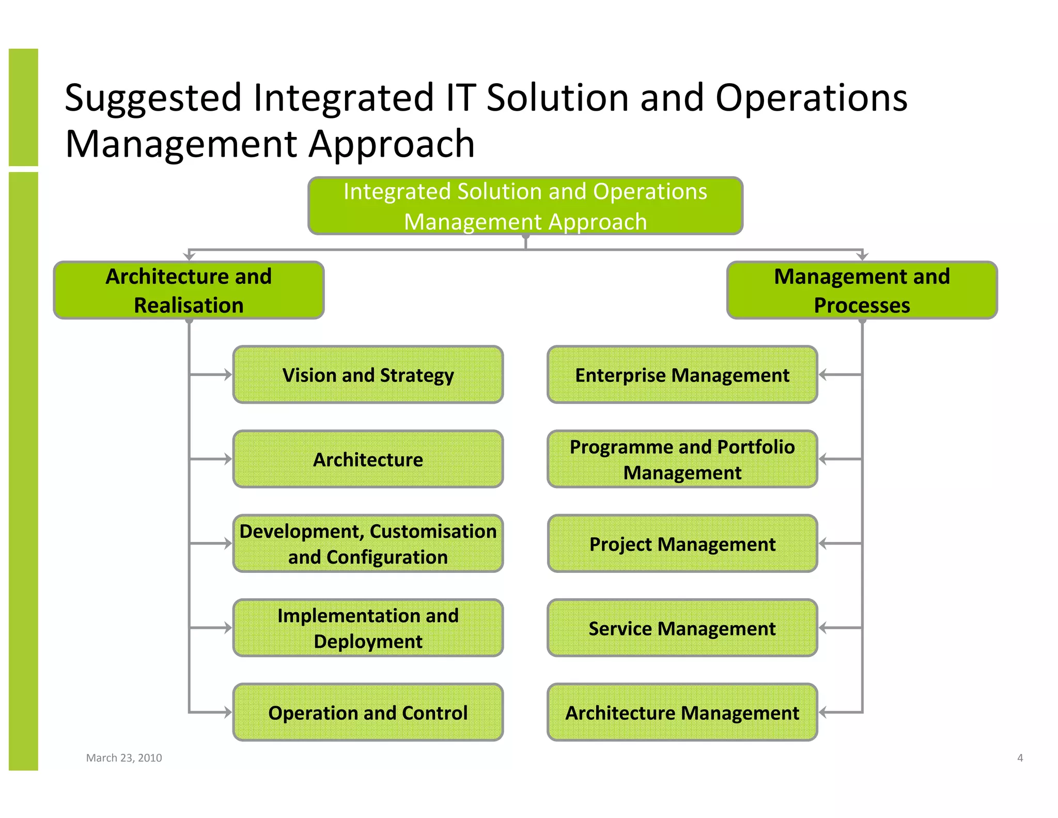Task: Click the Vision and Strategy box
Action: pos(368,375)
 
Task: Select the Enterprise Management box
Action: pos(682,375)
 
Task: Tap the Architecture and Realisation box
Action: pos(189,290)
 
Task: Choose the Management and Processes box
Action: pos(862,290)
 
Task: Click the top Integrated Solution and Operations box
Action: pos(525,206)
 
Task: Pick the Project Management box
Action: pos(682,543)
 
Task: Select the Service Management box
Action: pos(682,628)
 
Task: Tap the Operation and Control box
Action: pos(368,713)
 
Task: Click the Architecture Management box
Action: pos(682,713)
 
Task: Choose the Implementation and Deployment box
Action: pos(368,628)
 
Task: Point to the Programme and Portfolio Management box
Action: pos(682,459)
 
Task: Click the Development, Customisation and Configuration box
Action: pos(368,543)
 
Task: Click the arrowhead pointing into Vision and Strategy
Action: pos(228,375)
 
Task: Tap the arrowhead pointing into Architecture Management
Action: pos(823,713)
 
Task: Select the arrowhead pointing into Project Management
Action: pos(823,543)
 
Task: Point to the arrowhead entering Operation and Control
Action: pos(228,713)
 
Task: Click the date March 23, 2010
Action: pos(124,758)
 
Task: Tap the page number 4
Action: pos(1020,758)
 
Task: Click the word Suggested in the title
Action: pos(153,98)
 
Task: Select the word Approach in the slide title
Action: pos(391,144)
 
